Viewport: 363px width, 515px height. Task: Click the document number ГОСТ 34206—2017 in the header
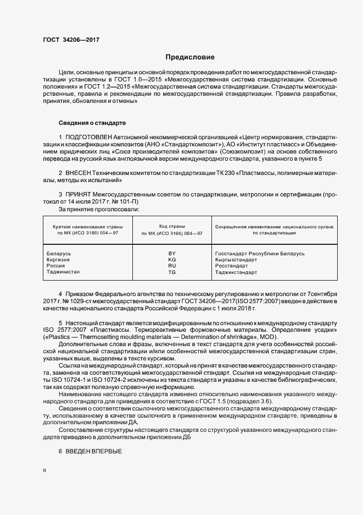tap(71, 40)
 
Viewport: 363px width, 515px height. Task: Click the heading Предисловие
tap(190, 57)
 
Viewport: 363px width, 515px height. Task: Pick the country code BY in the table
tap(171, 254)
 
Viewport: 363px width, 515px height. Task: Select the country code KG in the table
tap(171, 260)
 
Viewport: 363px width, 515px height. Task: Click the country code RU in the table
tap(171, 266)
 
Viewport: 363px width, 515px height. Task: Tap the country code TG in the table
tap(171, 272)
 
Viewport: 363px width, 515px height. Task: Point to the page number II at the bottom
tap(44, 471)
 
